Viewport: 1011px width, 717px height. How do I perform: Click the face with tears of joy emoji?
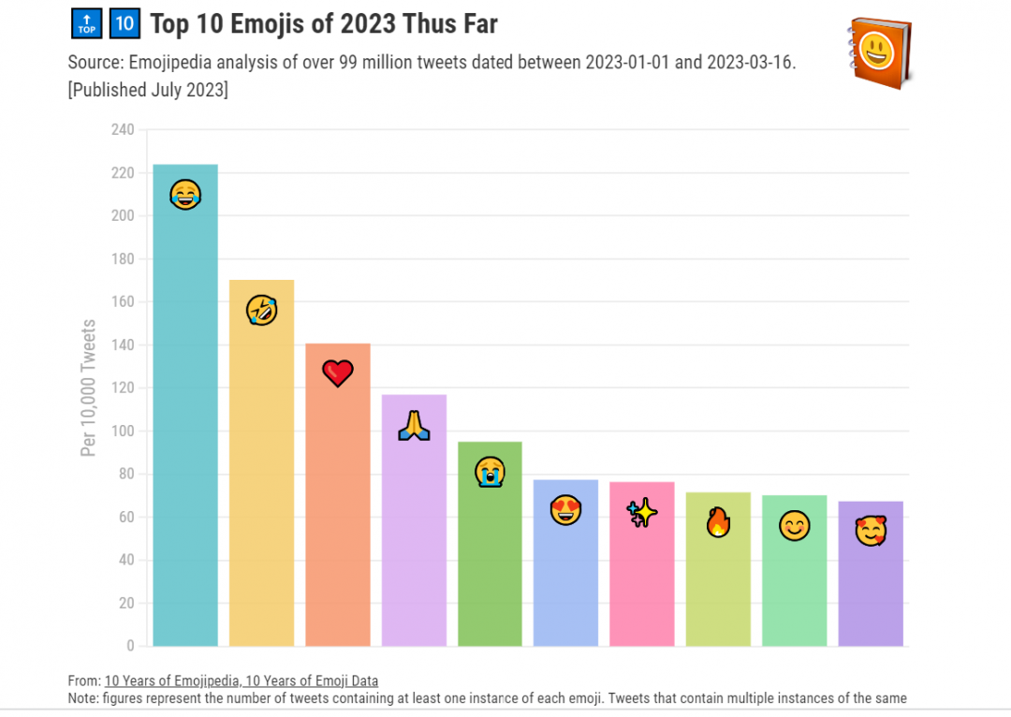click(185, 195)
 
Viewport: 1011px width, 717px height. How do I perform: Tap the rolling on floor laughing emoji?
click(261, 310)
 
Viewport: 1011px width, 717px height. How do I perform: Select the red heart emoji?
click(337, 373)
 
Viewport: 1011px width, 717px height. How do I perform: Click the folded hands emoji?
click(414, 426)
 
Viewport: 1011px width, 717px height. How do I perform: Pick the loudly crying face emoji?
click(490, 471)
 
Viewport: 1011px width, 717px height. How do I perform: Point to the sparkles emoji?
click(642, 513)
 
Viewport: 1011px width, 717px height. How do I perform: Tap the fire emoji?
click(718, 522)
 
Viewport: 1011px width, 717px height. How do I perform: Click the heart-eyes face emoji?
click(565, 511)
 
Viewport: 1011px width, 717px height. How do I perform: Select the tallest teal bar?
click(185, 421)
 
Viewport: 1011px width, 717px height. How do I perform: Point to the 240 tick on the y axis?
click(123, 129)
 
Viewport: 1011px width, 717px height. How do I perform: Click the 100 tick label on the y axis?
click(123, 431)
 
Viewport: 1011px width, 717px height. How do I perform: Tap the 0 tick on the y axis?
click(130, 646)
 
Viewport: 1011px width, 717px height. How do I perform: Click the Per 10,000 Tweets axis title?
click(89, 388)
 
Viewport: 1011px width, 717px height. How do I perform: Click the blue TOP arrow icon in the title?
click(86, 24)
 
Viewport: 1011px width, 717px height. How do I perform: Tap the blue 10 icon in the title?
click(124, 24)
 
